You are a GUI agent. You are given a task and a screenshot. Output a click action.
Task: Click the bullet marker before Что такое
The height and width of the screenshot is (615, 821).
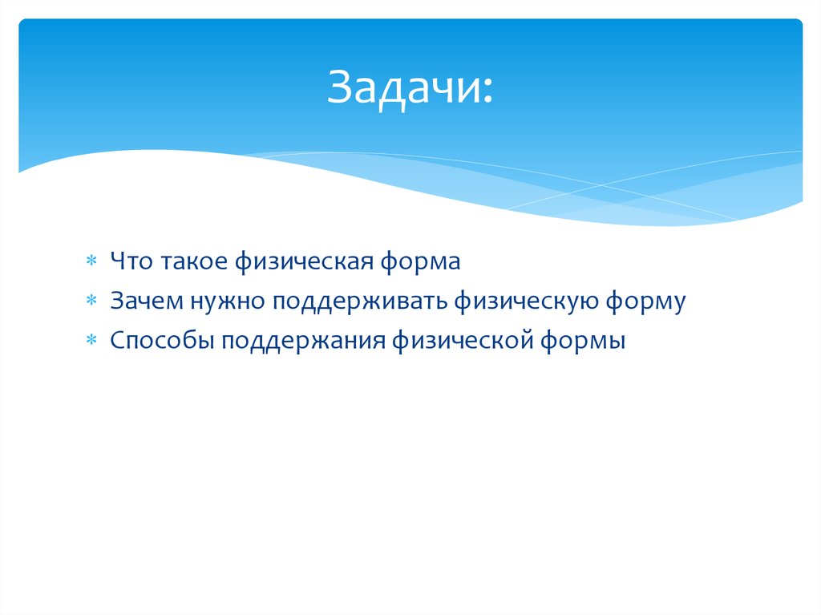coord(91,261)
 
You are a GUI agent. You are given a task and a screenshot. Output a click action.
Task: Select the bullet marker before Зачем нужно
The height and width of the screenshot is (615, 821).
coord(91,301)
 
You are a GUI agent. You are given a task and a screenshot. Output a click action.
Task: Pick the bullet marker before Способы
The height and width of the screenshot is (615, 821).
coord(91,342)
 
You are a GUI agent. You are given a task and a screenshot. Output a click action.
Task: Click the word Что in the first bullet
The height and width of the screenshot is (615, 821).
coord(131,261)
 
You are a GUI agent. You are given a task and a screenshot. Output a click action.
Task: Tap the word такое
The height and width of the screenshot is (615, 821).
coord(195,261)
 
